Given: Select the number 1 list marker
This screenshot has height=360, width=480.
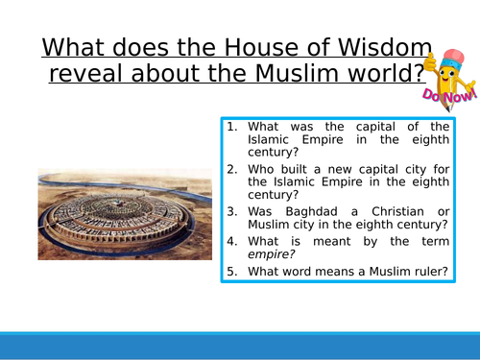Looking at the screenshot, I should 233,127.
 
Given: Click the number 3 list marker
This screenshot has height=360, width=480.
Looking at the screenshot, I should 233,211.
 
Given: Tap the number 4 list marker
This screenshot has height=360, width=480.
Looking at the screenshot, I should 233,241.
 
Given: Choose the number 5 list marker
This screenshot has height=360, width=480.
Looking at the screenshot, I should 233,273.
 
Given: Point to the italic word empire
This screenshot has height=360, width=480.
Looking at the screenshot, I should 272,255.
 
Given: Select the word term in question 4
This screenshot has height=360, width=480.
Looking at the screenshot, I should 433,241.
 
